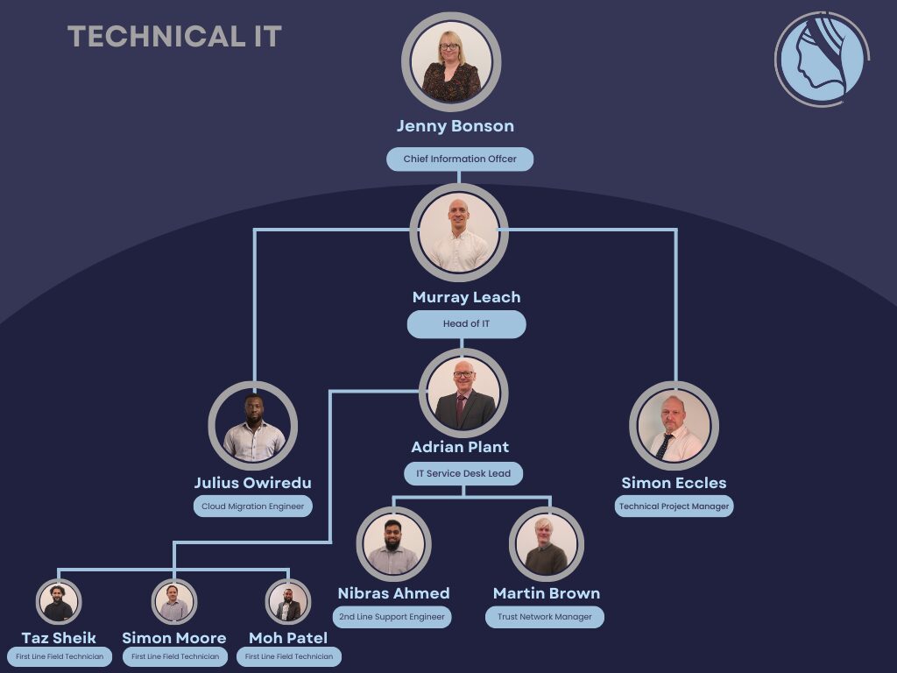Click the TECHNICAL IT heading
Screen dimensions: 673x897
[174, 37]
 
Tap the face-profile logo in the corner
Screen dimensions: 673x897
[821, 60]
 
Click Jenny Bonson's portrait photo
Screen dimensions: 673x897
[451, 61]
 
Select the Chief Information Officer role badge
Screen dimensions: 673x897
[460, 159]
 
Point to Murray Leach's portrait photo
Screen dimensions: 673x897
[459, 231]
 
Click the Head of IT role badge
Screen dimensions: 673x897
[466, 324]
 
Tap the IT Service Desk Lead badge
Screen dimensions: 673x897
[464, 474]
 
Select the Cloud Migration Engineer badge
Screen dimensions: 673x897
[253, 507]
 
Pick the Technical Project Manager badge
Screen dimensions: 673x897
[674, 507]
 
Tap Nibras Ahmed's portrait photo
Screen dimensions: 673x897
[393, 544]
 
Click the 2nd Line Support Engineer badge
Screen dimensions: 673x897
[392, 617]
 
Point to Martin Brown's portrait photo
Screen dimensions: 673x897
[547, 544]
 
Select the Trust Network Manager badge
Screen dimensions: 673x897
[545, 617]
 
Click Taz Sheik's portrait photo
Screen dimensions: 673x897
[59, 602]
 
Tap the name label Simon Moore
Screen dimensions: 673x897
[174, 638]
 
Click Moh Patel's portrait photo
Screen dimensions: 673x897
[288, 602]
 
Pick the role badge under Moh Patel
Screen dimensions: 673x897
[289, 656]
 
